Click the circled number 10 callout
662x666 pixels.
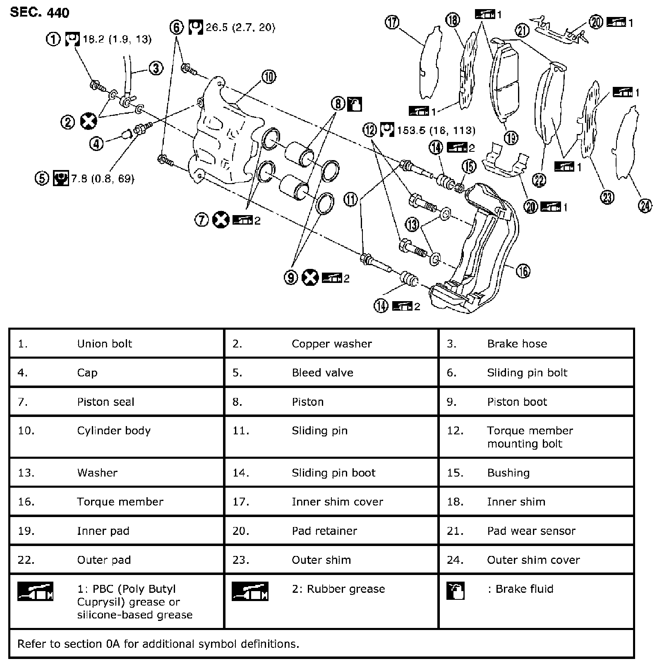point(269,77)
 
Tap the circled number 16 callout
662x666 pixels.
point(523,271)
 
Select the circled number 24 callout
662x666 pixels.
point(645,206)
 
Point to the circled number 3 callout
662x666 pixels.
point(156,68)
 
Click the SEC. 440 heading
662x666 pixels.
point(39,12)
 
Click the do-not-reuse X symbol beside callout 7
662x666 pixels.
point(221,220)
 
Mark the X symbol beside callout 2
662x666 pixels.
point(89,121)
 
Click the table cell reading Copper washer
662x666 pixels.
point(331,344)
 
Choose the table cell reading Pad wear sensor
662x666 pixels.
point(531,531)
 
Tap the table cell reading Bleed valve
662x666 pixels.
point(322,373)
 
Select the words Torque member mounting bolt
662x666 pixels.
point(530,437)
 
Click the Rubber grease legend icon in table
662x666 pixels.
point(249,591)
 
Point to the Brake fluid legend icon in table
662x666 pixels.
point(456,591)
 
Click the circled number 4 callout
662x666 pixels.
point(96,144)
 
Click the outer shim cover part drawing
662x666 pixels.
point(625,143)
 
